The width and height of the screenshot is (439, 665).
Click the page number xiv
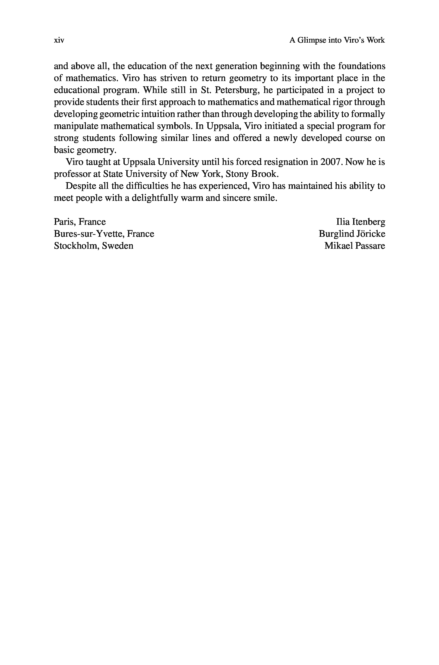click(59, 40)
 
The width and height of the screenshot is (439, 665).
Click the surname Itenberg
click(369, 222)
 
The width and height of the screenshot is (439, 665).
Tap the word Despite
click(79, 186)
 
